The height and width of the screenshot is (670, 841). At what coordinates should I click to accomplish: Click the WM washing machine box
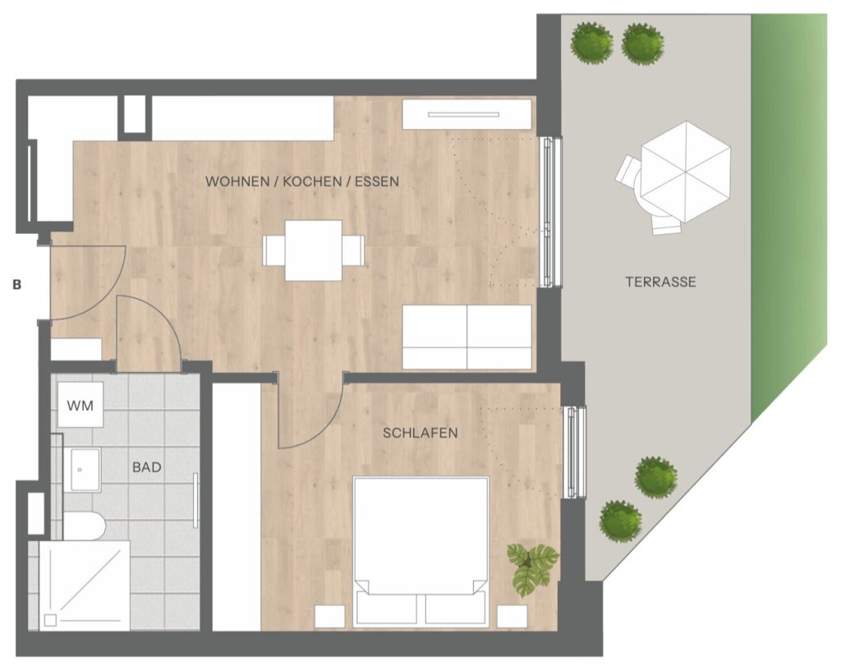point(80,405)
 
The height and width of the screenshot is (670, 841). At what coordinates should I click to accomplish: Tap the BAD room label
point(147,467)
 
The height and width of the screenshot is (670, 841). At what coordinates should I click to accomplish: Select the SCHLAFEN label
point(420,433)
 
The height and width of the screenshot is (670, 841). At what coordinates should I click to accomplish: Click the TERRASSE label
point(661,282)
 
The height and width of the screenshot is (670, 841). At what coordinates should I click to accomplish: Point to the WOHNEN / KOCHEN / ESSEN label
point(302,181)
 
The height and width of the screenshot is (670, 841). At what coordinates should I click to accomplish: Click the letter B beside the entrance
point(16,285)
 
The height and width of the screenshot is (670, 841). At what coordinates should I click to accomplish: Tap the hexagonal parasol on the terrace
point(686,172)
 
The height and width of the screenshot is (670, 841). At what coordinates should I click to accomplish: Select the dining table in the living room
point(314,250)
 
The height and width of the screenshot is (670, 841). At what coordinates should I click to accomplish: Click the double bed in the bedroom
point(420,552)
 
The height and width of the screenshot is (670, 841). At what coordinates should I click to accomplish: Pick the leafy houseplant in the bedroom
point(532,569)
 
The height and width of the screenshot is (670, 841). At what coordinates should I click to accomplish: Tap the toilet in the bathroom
point(85,525)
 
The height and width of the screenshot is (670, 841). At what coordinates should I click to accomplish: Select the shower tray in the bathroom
point(85,585)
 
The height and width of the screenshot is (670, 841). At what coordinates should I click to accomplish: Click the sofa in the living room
point(467,337)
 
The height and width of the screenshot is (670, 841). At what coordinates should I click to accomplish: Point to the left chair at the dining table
point(273,250)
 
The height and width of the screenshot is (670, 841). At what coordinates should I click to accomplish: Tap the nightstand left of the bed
point(330,617)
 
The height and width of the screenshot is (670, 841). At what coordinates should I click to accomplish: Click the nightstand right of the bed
point(512,617)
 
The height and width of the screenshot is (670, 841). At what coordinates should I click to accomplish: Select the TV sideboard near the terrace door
point(466,114)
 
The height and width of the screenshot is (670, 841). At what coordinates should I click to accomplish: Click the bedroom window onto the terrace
point(575,452)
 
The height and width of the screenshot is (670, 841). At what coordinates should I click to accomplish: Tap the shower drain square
point(50,620)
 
